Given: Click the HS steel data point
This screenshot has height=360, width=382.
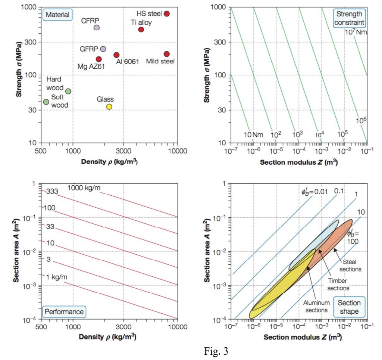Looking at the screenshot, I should [x=167, y=13].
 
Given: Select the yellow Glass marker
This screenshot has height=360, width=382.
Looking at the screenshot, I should [x=109, y=106].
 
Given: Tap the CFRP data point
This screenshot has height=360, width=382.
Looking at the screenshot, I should [x=96, y=28].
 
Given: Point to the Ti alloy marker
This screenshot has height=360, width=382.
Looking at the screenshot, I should [x=141, y=30].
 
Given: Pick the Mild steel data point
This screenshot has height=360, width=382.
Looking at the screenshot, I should [x=167, y=54].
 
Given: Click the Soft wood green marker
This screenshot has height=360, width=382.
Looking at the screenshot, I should [x=46, y=102].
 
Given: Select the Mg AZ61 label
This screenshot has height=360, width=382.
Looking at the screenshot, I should [x=91, y=66].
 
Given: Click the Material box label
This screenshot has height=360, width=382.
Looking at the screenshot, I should [x=57, y=15].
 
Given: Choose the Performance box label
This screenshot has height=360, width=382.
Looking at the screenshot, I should [x=64, y=311].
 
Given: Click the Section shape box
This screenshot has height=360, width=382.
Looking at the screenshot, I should [x=349, y=307].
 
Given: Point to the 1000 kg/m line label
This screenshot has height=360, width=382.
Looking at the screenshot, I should [x=84, y=188].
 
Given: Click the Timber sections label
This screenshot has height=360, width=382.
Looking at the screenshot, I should [x=338, y=284].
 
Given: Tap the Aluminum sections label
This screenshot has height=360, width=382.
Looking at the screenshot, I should [x=316, y=306].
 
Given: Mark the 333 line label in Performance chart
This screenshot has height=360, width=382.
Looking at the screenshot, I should [x=52, y=192].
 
